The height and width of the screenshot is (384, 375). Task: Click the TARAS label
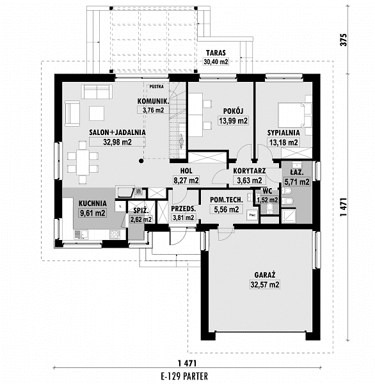(x=216, y=53)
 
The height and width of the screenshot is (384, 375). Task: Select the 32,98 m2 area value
(x=117, y=142)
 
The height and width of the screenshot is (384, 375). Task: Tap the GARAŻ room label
(x=265, y=275)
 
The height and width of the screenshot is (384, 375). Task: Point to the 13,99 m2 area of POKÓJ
(x=233, y=121)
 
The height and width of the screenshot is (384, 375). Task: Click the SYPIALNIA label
(x=283, y=132)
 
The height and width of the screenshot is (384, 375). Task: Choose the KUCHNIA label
(x=93, y=204)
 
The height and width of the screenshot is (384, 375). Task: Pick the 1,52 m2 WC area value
(x=267, y=200)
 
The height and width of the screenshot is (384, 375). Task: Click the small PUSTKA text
(x=157, y=86)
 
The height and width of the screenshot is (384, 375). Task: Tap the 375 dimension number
(x=344, y=40)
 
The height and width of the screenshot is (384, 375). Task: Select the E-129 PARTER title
(x=184, y=376)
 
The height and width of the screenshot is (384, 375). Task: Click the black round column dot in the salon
(x=141, y=161)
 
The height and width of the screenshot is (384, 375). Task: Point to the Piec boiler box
(x=252, y=215)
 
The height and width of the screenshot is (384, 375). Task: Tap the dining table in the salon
(x=83, y=162)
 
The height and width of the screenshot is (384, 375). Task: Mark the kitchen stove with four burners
(x=115, y=235)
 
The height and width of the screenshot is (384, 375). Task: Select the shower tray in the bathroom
(x=289, y=216)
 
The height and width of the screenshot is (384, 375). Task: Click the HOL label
(x=186, y=171)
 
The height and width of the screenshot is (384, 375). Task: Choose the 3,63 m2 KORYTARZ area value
(x=250, y=180)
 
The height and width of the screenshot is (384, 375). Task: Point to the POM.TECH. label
(x=227, y=200)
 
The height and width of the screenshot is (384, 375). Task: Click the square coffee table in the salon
(x=97, y=113)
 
